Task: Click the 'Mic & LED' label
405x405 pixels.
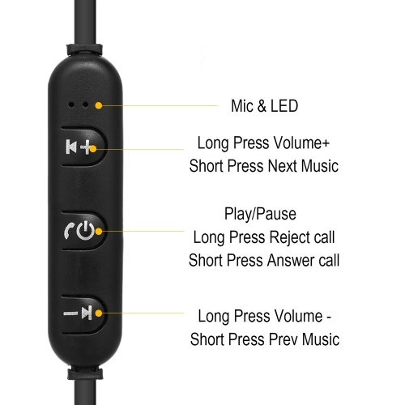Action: (x=264, y=106)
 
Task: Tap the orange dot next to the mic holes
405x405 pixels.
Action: (x=99, y=105)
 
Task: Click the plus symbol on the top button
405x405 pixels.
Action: (x=87, y=147)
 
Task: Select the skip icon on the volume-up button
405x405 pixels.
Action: (x=71, y=147)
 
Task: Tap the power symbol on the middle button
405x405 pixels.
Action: (x=86, y=232)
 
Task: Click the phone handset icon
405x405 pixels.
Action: (x=69, y=231)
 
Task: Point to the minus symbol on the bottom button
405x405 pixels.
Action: (x=70, y=313)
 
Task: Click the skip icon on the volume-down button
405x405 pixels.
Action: (x=87, y=313)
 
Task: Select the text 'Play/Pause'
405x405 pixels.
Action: (x=260, y=214)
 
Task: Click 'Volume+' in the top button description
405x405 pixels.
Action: (x=301, y=143)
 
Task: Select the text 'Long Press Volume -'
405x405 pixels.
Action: (x=264, y=316)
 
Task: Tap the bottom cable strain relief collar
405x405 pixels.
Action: (x=85, y=373)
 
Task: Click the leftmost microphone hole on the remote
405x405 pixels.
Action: (x=71, y=104)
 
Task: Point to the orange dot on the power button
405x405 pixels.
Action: (x=99, y=232)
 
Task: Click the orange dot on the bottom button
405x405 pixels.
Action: (x=99, y=313)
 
